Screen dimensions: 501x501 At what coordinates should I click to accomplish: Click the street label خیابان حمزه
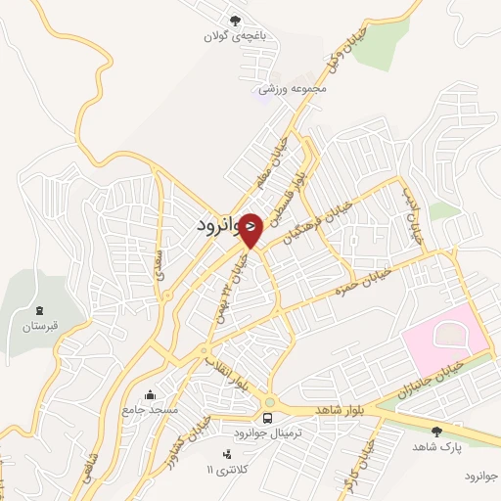pyautogui.click(x=363, y=279)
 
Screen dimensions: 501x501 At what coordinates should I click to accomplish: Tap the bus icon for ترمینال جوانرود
pyautogui.click(x=268, y=417)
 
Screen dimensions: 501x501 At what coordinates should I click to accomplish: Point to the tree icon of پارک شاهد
pyautogui.click(x=436, y=430)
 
